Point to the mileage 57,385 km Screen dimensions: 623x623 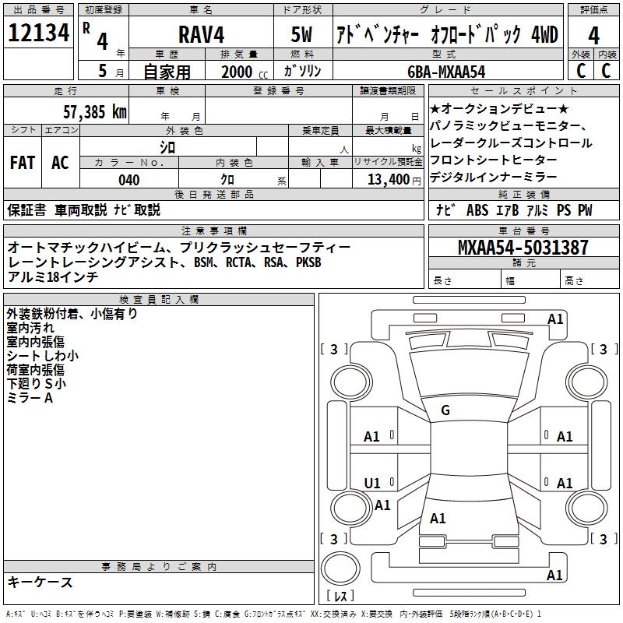pyautogui.click(x=94, y=111)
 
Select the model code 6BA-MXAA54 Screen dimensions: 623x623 pyautogui.click(x=447, y=71)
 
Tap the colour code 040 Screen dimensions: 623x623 pyautogui.click(x=128, y=180)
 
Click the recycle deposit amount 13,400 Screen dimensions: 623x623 pyautogui.click(x=388, y=180)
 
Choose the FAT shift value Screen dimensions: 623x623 pyautogui.click(x=22, y=163)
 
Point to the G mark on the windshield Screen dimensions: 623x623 pyautogui.click(x=445, y=410)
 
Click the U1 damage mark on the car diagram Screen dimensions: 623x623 pyautogui.click(x=372, y=484)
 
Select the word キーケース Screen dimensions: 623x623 pyautogui.click(x=40, y=583)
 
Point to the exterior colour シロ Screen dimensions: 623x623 pyautogui.click(x=167, y=146)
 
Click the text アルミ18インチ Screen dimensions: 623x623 pyautogui.click(x=52, y=276)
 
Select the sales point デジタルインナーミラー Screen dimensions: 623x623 pyautogui.click(x=493, y=178)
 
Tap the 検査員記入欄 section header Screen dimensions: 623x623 pyautogui.click(x=159, y=299)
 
